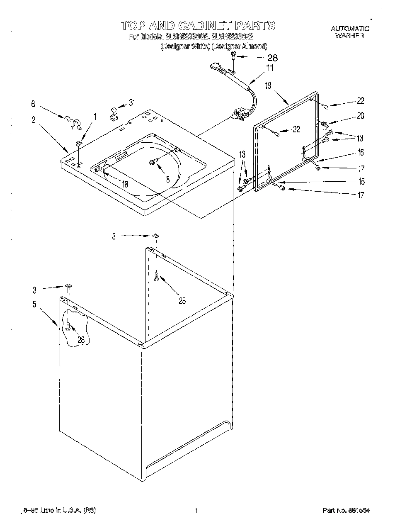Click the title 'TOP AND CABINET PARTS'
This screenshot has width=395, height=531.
(x=198, y=25)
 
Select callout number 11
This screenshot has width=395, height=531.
(x=270, y=68)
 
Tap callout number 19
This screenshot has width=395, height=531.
(x=268, y=85)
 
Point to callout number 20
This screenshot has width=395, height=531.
(x=360, y=116)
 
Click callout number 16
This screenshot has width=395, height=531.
(x=360, y=153)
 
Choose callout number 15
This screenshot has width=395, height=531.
(x=361, y=181)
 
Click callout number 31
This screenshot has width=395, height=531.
(x=132, y=102)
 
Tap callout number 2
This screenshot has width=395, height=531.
(x=33, y=120)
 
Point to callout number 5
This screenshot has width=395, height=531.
(x=34, y=304)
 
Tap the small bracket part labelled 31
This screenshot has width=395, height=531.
(x=113, y=113)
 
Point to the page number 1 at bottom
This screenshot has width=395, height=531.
(x=198, y=510)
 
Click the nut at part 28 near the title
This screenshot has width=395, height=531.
(x=234, y=55)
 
